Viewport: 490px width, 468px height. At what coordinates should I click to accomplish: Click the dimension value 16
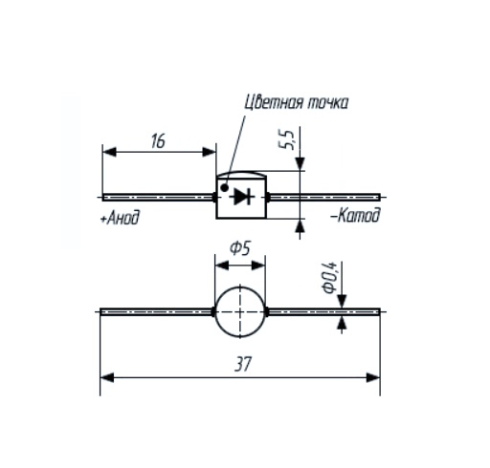[158, 141]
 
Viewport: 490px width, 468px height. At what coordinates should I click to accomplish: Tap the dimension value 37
[243, 364]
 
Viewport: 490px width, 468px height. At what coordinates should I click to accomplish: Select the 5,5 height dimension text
[286, 139]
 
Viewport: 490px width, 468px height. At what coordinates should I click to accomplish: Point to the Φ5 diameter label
[239, 248]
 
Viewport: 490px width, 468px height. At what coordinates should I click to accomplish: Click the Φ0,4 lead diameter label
[329, 277]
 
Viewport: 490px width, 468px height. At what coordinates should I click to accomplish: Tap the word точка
[327, 104]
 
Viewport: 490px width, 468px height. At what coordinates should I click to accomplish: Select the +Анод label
[120, 218]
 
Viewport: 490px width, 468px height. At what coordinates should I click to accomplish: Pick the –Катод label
[356, 215]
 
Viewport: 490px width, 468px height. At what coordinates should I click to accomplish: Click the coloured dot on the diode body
[225, 188]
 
